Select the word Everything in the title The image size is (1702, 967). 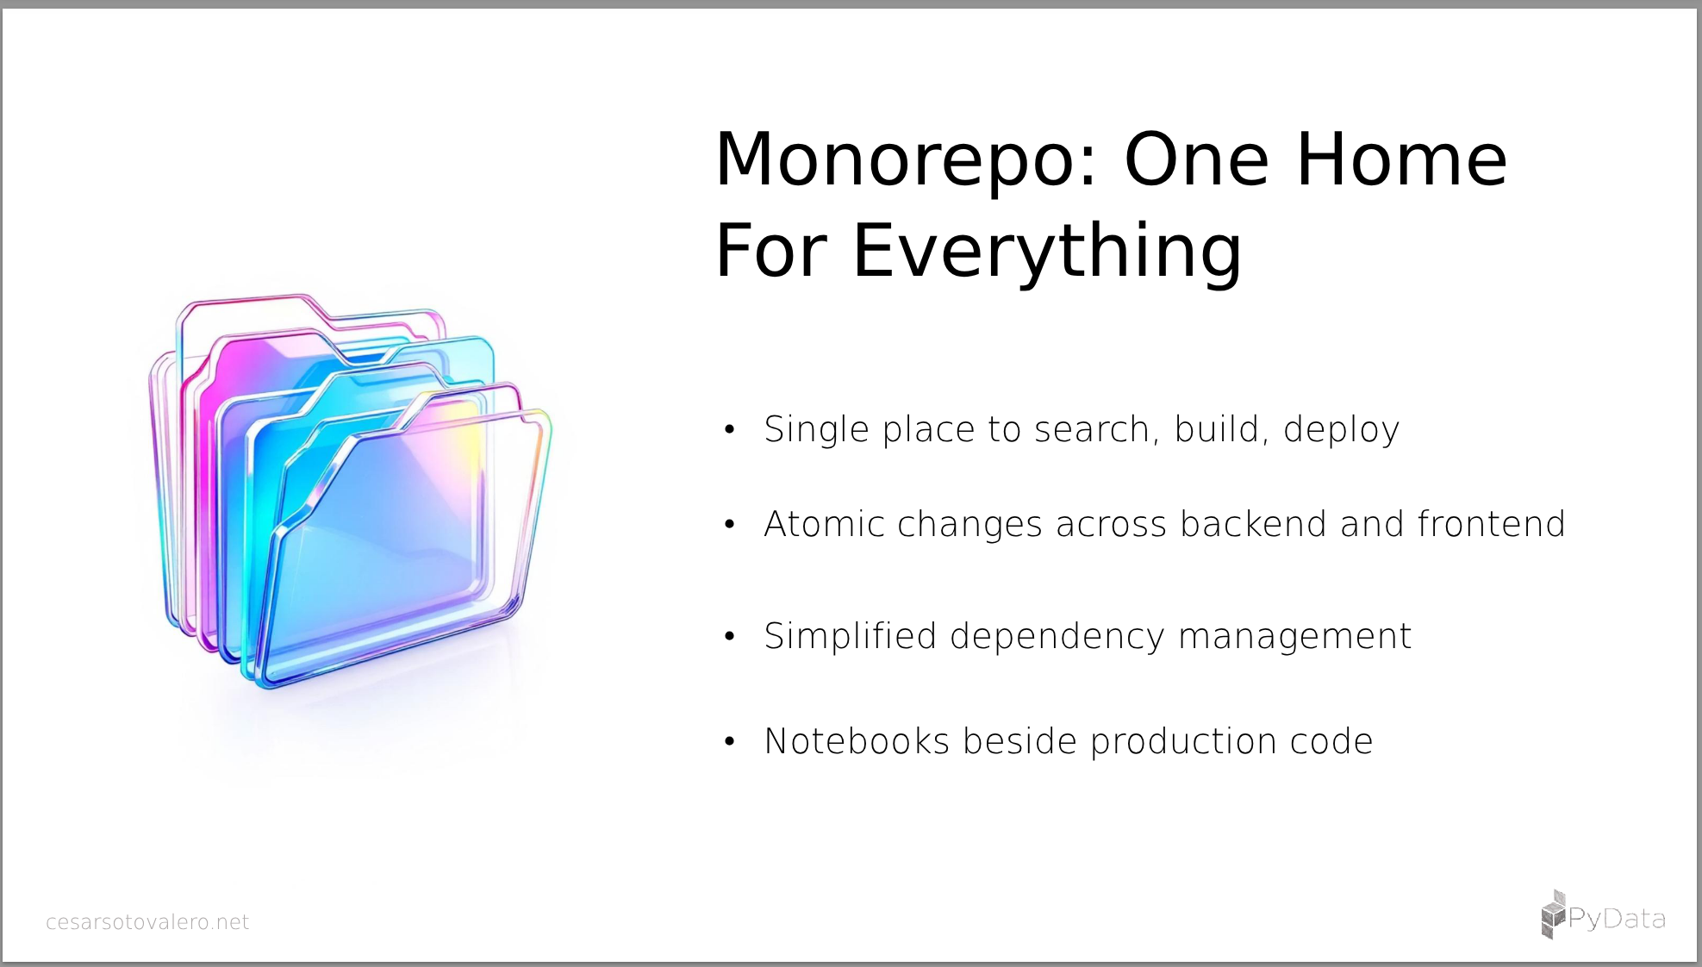(1047, 252)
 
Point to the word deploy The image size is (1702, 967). (1342, 430)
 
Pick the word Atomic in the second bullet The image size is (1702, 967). (824, 524)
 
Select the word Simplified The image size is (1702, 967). (851, 637)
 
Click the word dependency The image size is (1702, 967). (1057, 637)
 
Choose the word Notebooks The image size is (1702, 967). (857, 741)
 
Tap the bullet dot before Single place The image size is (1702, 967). (730, 429)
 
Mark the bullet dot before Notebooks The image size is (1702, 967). (730, 741)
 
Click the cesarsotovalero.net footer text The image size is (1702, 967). (147, 922)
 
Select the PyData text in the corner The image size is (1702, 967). (1617, 920)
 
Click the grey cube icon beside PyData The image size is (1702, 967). (1553, 914)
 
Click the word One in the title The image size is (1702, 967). (1197, 160)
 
